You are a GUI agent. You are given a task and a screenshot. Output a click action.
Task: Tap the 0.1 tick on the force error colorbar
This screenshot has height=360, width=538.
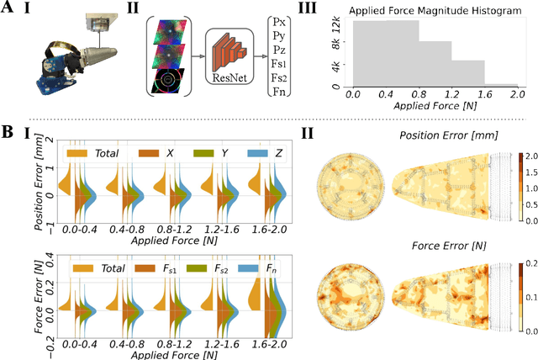coord(530,298)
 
